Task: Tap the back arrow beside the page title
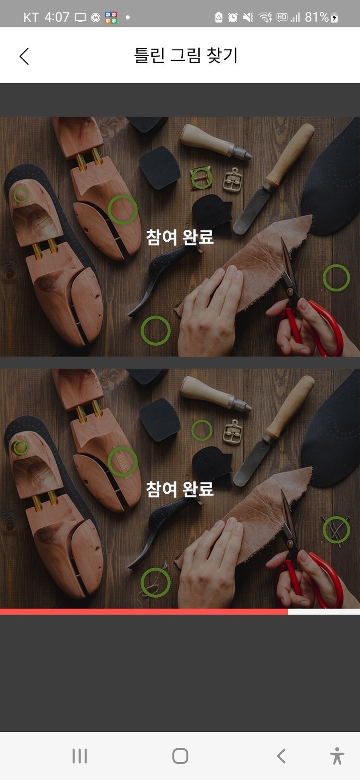coord(24,56)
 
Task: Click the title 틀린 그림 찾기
coord(186,56)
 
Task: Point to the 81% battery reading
coord(317,17)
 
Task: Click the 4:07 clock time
coord(57,17)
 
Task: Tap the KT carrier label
coord(31,17)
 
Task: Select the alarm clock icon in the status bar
coord(233,17)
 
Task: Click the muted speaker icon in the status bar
coord(248,17)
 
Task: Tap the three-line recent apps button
coord(79,756)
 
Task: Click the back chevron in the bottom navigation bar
coord(281,756)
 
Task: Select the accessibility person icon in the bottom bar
coord(337,756)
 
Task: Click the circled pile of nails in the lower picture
coord(336,529)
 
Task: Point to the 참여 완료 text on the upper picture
coord(180,237)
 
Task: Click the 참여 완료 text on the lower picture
coord(180,489)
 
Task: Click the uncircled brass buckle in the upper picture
coord(232,180)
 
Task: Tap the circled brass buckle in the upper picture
coord(201,178)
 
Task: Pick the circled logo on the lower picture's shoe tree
coord(122,462)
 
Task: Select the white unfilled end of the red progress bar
coord(324,612)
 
